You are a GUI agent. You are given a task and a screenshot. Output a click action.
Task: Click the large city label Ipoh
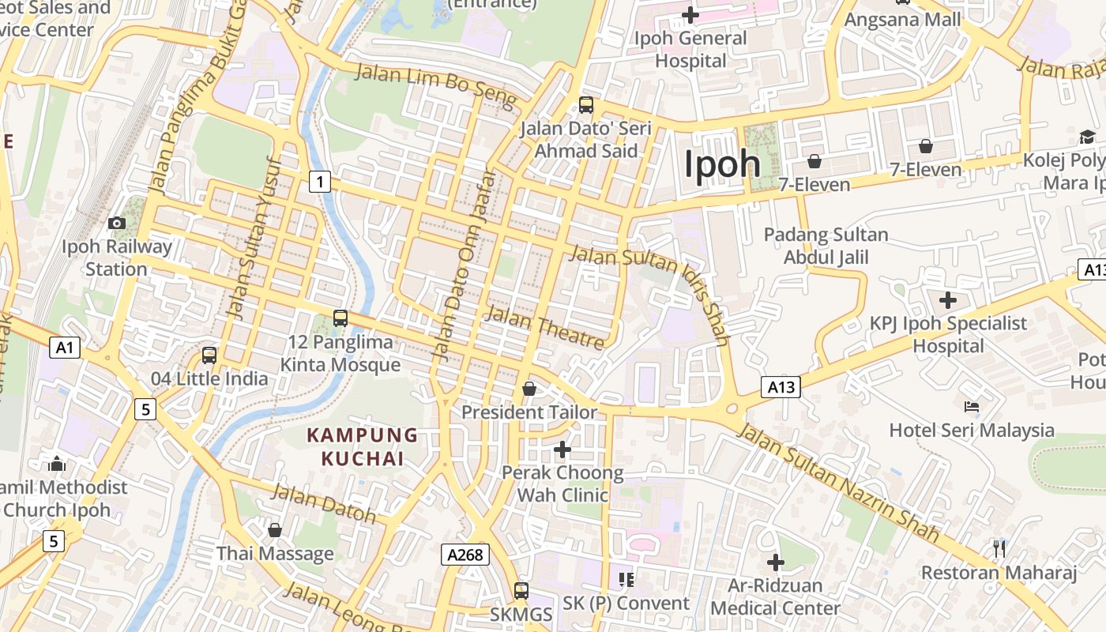tap(722, 164)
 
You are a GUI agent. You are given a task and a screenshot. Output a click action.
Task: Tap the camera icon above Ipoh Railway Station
tap(117, 224)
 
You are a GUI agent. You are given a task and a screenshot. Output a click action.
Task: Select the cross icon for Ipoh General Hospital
tap(690, 15)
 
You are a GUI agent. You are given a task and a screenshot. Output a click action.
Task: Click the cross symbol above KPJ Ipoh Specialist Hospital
tap(947, 300)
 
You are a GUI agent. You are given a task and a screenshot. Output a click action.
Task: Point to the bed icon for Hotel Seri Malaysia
tap(972, 407)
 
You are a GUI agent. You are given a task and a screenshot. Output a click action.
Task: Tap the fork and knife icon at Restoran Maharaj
tap(999, 548)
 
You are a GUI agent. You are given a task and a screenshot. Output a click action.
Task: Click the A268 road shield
tap(465, 555)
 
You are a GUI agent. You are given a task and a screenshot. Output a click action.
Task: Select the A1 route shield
tap(65, 347)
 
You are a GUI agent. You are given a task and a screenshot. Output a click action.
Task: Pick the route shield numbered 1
tap(319, 182)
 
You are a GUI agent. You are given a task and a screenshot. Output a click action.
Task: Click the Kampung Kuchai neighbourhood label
tap(363, 446)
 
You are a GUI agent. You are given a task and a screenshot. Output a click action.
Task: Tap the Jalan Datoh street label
tap(324, 503)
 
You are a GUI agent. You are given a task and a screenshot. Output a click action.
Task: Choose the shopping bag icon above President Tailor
tap(529, 389)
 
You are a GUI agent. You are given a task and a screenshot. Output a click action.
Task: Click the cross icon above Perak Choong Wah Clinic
tap(562, 450)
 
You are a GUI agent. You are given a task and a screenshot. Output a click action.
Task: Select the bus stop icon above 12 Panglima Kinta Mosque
tap(340, 318)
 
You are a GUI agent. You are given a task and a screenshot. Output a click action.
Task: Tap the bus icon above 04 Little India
tap(209, 355)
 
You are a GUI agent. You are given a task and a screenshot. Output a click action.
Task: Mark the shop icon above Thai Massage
tap(275, 530)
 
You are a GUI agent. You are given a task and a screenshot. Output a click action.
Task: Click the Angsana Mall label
tap(903, 19)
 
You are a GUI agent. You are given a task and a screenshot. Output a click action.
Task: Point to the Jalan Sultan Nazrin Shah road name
tap(837, 483)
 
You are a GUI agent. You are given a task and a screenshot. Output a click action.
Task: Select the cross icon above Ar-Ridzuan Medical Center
tap(776, 562)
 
